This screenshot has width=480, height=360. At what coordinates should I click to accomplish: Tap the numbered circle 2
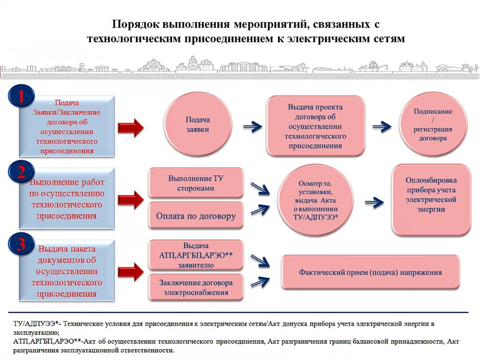pyautogui.click(x=21, y=173)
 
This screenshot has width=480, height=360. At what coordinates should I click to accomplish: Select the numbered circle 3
pyautogui.click(x=21, y=246)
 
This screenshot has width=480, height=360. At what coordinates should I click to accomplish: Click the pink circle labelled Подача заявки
pyautogui.click(x=197, y=124)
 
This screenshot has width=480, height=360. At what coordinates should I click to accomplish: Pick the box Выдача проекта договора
pyautogui.click(x=315, y=126)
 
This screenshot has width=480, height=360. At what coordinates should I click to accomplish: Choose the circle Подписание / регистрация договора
pyautogui.click(x=433, y=125)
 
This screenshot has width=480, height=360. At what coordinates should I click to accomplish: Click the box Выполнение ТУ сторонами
pyautogui.click(x=196, y=183)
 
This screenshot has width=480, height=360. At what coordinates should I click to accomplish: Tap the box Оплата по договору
pyautogui.click(x=196, y=216)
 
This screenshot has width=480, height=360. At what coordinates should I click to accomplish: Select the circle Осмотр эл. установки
pyautogui.click(x=315, y=202)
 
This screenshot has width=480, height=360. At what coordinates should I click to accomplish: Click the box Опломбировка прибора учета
pyautogui.click(x=431, y=199)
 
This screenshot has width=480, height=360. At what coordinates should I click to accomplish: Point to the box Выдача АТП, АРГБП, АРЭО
pyautogui.click(x=196, y=255)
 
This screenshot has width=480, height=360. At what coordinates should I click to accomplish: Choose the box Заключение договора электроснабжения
pyautogui.click(x=196, y=287)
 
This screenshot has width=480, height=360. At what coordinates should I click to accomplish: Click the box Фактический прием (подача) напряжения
pyautogui.click(x=370, y=272)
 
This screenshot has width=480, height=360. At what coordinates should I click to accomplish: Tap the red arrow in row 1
pyautogui.click(x=130, y=127)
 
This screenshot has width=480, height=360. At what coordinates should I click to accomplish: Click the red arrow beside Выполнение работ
pyautogui.click(x=130, y=200)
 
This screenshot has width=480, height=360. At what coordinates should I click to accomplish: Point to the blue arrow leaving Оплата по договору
pyautogui.click(x=260, y=209)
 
